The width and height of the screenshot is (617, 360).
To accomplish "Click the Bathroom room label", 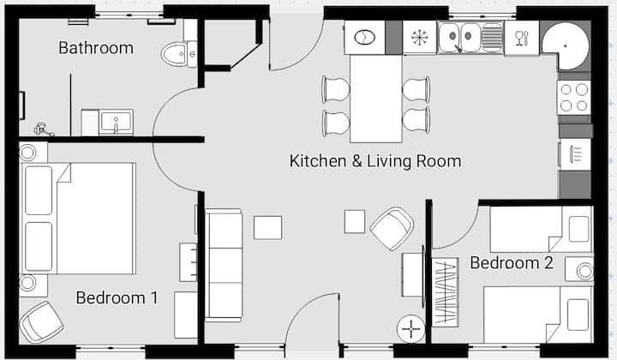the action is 96,48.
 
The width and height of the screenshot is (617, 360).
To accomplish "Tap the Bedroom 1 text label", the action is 117,297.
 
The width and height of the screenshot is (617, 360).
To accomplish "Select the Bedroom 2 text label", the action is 512,263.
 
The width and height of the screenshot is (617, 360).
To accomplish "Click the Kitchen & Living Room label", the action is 375,161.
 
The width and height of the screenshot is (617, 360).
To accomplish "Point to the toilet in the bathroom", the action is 179,53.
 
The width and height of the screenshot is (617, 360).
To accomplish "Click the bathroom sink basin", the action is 116,123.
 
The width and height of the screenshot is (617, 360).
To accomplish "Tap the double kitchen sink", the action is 459,38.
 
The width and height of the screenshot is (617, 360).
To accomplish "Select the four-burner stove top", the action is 573,98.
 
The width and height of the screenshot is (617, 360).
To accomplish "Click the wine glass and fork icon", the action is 521,39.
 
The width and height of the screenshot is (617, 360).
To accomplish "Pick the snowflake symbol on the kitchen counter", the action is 419,38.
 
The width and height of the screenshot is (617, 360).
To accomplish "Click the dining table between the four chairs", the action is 376,99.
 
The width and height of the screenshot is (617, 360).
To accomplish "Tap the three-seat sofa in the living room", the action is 224,265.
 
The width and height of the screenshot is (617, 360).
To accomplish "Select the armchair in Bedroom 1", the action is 41,321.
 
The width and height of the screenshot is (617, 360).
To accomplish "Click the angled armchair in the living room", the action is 392,229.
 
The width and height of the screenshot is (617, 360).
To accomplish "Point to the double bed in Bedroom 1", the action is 78,219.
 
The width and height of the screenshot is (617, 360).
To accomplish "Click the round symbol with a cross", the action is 411,329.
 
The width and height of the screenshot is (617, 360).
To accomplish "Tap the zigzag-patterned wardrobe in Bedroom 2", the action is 446,292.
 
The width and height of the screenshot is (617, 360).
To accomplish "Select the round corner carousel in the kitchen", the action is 566,46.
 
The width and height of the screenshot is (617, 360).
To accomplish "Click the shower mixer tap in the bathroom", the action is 43,129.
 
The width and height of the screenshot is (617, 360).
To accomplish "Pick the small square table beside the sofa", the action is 267,227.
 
